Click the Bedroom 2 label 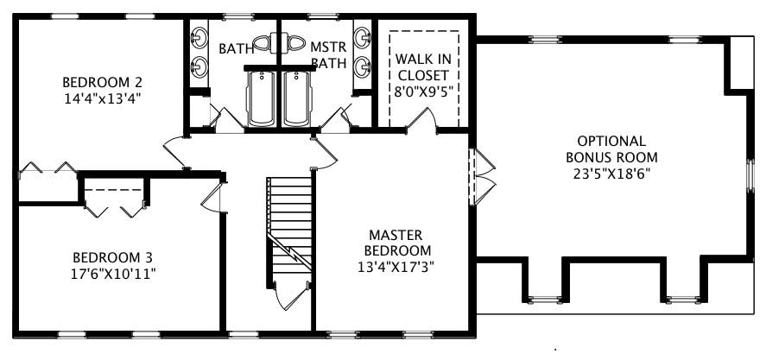[102, 82]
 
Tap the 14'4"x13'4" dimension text [102, 98]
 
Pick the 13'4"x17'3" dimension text [395, 266]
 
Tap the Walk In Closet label [422, 66]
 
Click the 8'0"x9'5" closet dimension [422, 90]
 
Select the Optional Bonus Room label [611, 148]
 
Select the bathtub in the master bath [297, 98]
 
